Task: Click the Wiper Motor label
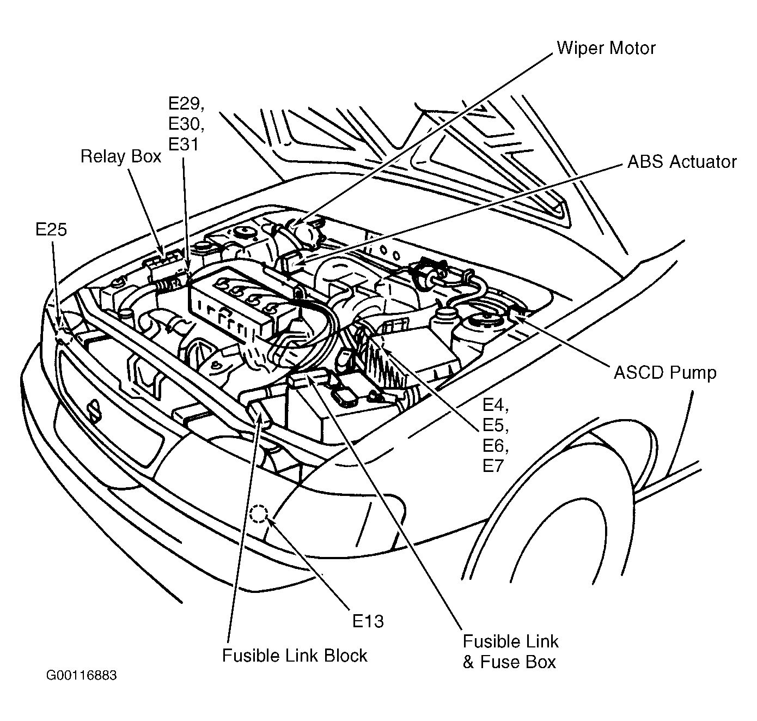point(606,48)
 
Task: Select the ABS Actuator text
point(682,162)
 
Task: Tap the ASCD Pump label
point(665,373)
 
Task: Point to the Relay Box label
point(121,157)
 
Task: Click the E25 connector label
point(51,229)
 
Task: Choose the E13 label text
point(368,621)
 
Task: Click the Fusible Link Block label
point(295,655)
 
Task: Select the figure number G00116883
point(81,676)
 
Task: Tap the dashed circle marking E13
point(259,513)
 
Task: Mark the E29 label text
point(186,104)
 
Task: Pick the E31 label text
point(183,144)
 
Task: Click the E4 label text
point(496,405)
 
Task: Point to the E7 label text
point(493,465)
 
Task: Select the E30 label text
point(186,124)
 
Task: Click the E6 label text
point(496,445)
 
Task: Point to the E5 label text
point(496,425)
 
